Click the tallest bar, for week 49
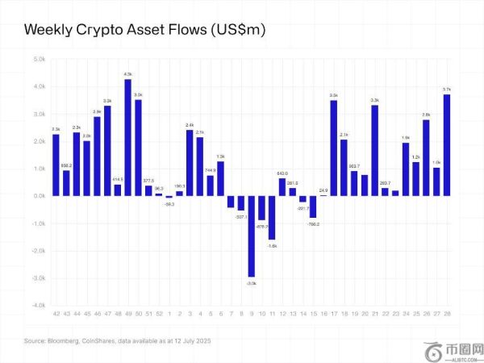tap(127, 137)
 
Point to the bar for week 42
tap(56, 165)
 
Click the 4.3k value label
tap(127, 73)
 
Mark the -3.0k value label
tap(251, 283)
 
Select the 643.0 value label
tap(282, 173)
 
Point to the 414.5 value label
tap(117, 178)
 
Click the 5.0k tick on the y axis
tap(40, 59)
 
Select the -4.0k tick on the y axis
tap(39, 306)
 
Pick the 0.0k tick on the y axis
tap(40, 196)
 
